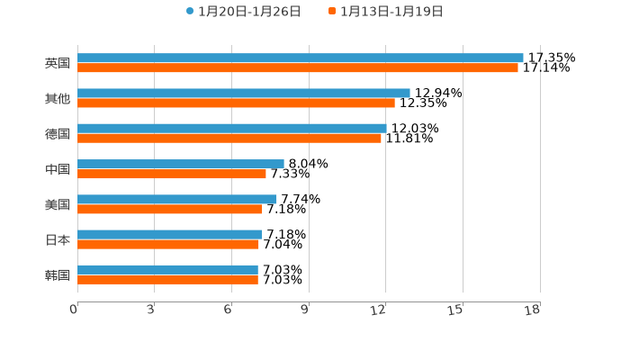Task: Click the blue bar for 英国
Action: (x=300, y=58)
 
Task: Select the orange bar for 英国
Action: (x=297, y=68)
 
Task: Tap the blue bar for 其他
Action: (x=243, y=93)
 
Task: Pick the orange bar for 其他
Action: (x=236, y=103)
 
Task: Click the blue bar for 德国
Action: (x=231, y=129)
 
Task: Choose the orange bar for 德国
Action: (x=229, y=139)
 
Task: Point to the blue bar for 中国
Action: (x=180, y=164)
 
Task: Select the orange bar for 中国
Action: (x=171, y=174)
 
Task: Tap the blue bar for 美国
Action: (x=176, y=199)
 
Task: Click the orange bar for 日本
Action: (x=167, y=245)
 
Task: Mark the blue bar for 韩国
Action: (x=167, y=269)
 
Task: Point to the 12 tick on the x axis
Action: (x=379, y=310)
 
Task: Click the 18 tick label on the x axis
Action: (x=533, y=310)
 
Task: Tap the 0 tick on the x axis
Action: (x=74, y=310)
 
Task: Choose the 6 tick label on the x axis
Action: (x=228, y=310)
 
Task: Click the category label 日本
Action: (x=58, y=240)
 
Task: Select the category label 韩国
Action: (x=58, y=274)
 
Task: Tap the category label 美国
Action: (x=58, y=204)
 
